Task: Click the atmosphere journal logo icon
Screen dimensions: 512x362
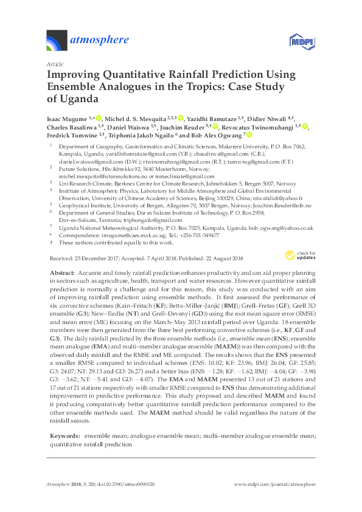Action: [58, 41]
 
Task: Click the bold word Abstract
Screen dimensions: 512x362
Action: [61, 274]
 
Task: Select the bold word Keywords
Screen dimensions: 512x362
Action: [64, 420]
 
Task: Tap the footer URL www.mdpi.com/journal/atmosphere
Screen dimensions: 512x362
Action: [275, 484]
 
